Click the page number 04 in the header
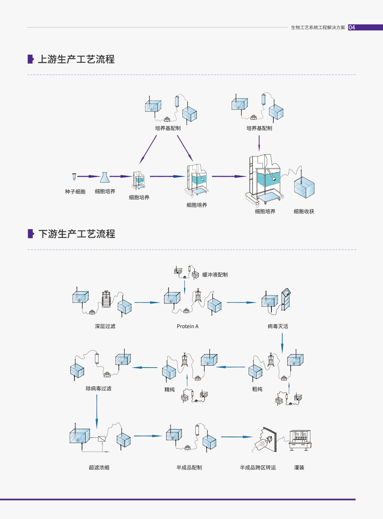point(352,27)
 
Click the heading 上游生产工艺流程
point(76,59)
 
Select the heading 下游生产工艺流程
point(76,234)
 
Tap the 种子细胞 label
point(75,191)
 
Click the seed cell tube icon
point(74,177)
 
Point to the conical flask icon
point(105,178)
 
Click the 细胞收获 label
point(304,212)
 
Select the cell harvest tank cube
point(304,188)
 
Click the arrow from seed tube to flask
point(88,176)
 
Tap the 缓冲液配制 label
point(215,275)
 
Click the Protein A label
point(188,326)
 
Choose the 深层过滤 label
point(105,326)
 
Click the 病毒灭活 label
point(278,326)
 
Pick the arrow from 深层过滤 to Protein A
point(147,302)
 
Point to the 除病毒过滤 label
point(98,388)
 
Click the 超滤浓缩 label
point(99,467)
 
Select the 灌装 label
point(299,467)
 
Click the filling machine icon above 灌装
point(300,440)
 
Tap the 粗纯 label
point(257,389)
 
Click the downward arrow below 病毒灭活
point(282,343)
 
